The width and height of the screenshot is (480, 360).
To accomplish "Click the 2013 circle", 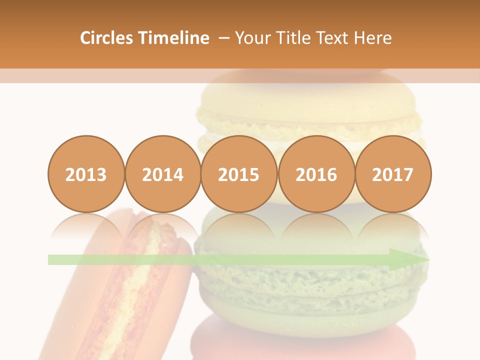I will (x=86, y=174).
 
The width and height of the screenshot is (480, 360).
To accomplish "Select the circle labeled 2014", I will (x=162, y=174).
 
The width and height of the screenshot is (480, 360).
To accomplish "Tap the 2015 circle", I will (x=239, y=174).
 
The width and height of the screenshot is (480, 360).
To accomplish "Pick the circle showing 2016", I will (x=316, y=174).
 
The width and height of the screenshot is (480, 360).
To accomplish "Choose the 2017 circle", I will (x=393, y=174).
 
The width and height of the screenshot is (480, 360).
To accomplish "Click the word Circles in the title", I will (x=107, y=38).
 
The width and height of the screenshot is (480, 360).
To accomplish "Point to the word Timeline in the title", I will (x=174, y=38).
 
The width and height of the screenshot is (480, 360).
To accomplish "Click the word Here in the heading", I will (x=372, y=38).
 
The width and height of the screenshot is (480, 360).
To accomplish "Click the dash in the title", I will (x=223, y=38).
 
